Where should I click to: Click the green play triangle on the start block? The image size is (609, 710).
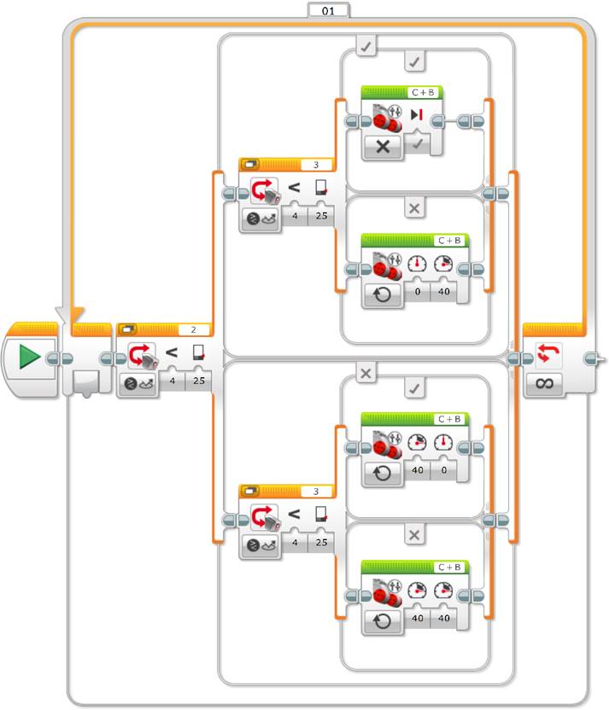click(x=29, y=357)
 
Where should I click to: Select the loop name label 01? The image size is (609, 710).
click(x=329, y=10)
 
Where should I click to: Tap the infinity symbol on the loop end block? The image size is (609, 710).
click(x=544, y=383)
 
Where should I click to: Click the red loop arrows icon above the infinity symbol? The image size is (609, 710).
click(x=548, y=353)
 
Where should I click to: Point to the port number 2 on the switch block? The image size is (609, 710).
click(x=194, y=329)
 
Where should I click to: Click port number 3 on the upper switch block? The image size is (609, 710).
click(x=316, y=165)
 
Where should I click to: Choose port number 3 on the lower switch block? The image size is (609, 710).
click(x=316, y=492)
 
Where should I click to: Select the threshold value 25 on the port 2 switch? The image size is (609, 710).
click(x=198, y=381)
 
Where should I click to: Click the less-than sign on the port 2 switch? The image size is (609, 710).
click(x=172, y=352)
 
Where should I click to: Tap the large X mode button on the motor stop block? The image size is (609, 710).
click(x=383, y=146)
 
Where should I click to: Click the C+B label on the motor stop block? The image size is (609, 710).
click(x=423, y=92)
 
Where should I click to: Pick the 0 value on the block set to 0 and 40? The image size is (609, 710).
click(x=418, y=292)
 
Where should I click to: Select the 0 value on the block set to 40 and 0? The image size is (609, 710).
click(x=443, y=470)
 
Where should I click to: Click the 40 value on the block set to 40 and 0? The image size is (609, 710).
click(x=418, y=470)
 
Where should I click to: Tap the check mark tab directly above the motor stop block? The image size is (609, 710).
click(x=414, y=61)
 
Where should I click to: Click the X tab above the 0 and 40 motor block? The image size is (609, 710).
click(x=414, y=208)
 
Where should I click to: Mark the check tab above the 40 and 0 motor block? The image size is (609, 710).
click(x=414, y=388)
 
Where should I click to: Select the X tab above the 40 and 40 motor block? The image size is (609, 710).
click(x=414, y=535)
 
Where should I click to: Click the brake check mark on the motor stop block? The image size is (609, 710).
click(x=418, y=143)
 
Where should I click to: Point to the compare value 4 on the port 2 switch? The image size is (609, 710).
click(x=173, y=381)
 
